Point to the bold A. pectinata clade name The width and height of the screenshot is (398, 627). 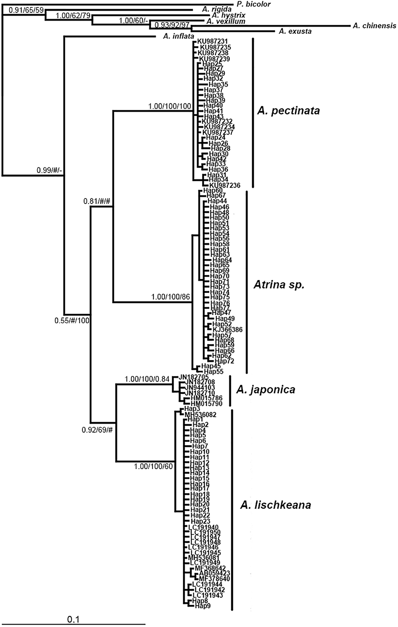(x=288, y=111)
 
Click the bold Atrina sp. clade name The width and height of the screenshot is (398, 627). (x=279, y=285)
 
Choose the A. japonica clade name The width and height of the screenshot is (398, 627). (x=265, y=390)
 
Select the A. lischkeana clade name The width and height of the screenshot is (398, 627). (x=276, y=505)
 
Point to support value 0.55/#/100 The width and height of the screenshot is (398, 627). (x=72, y=320)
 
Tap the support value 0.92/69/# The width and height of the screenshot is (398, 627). (x=97, y=430)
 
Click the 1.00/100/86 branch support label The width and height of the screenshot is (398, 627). (x=171, y=297)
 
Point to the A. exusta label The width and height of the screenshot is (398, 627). (x=295, y=32)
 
